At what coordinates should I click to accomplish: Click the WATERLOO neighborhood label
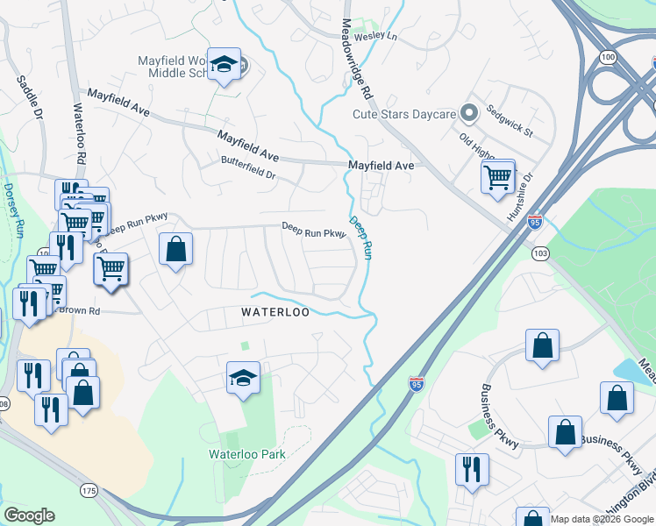pyautogui.click(x=275, y=312)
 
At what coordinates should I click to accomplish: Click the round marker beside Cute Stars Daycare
pyautogui.click(x=468, y=113)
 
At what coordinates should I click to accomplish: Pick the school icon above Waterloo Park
pyautogui.click(x=244, y=378)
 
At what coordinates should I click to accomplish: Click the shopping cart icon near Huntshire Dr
pyautogui.click(x=497, y=177)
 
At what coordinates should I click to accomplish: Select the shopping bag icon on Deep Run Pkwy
pyautogui.click(x=176, y=249)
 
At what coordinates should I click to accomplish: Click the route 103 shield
pyautogui.click(x=540, y=253)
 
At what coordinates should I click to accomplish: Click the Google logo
pyautogui.click(x=29, y=515)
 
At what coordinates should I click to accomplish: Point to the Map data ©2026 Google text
pyautogui.click(x=601, y=519)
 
